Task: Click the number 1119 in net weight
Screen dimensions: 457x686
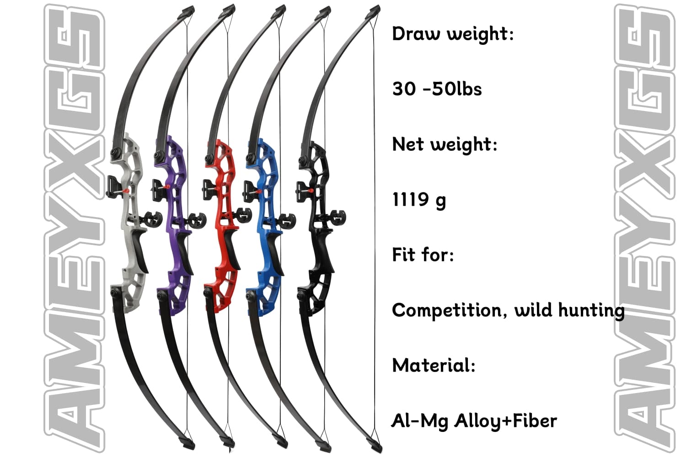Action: coord(410,200)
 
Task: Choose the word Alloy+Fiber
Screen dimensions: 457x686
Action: coord(505,421)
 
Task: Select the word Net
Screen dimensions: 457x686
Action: coord(408,144)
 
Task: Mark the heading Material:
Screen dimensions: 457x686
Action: coord(434,366)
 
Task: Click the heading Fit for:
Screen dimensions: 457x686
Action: coord(423,255)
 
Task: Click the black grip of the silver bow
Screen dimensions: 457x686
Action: coord(141,249)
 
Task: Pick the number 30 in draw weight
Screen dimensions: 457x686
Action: coord(404,89)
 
